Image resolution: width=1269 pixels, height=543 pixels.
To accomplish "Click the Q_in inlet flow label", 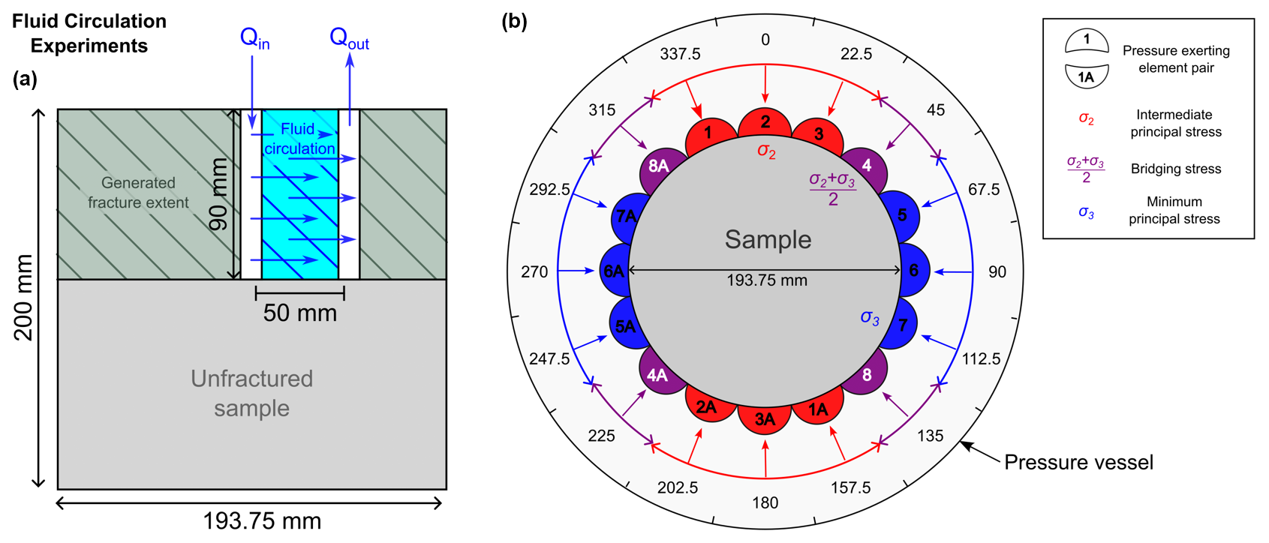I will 254,37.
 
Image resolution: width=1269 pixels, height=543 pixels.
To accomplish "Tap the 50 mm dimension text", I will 299,313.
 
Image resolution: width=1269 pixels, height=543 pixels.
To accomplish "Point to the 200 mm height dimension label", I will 23,297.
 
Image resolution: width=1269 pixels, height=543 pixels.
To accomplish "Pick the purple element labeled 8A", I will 658,166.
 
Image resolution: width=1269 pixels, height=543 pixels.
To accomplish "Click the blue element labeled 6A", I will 614,271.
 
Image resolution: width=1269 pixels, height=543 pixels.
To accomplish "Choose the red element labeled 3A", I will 765,419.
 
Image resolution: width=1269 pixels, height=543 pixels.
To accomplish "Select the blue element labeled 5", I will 902,215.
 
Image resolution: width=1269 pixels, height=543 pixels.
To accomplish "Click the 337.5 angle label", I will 680,54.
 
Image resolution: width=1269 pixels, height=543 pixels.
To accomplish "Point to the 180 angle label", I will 765,502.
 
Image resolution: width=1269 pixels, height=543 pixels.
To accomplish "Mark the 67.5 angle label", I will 983,190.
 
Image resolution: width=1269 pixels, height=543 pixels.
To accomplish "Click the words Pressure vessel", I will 1078,462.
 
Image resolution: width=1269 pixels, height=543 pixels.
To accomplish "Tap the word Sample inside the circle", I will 768,239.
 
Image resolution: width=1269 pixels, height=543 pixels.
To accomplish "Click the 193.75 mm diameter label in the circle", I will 767,280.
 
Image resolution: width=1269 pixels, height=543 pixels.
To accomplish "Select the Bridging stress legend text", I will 1176,169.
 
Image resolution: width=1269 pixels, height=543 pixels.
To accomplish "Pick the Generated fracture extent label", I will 138,193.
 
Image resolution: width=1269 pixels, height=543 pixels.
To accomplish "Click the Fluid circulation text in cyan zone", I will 299,139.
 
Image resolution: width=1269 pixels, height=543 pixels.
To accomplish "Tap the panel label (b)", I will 514,21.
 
